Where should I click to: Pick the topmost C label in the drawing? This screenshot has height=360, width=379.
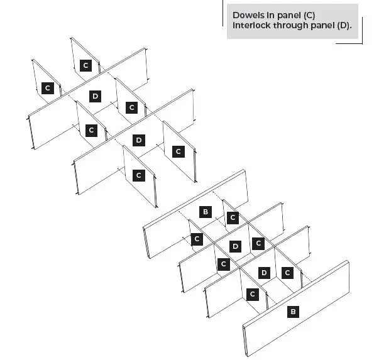click(86, 65)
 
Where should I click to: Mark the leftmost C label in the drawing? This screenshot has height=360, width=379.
click(47, 88)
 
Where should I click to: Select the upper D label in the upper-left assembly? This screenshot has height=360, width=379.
click(95, 96)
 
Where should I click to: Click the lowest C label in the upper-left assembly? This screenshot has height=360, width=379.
click(139, 175)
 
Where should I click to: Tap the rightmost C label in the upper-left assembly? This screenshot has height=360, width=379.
click(178, 151)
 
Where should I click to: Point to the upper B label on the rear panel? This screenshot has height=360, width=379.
click(205, 212)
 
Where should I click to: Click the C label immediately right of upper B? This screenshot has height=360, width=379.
click(233, 217)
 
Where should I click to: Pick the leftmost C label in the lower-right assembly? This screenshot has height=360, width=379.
click(197, 239)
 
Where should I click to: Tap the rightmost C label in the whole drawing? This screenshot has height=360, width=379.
click(287, 273)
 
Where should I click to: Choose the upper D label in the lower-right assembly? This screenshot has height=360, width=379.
click(235, 246)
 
